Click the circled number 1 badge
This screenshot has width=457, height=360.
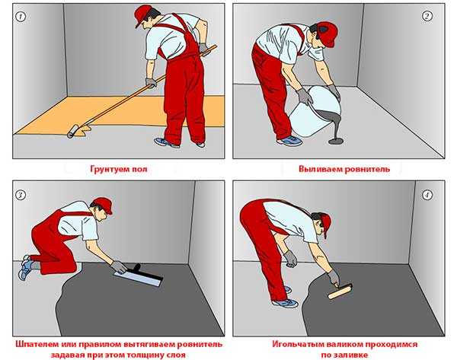pyautogui.click(x=21, y=17)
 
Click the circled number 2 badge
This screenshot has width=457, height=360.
pyautogui.click(x=427, y=16)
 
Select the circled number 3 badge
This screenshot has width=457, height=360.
pyautogui.click(x=20, y=195)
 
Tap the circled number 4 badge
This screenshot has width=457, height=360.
pyautogui.click(x=427, y=195)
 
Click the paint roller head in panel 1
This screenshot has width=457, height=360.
pyautogui.click(x=73, y=132)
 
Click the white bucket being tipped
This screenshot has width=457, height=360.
pyautogui.click(x=315, y=113)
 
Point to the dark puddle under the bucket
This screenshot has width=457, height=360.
pyautogui.click(x=336, y=142)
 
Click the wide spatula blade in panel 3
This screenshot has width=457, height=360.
pyautogui.click(x=138, y=279)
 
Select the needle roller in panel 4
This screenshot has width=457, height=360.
pyautogui.click(x=340, y=292)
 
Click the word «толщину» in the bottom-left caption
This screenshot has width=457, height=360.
pyautogui.click(x=145, y=355)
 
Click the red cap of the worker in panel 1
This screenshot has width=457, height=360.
pyautogui.click(x=142, y=14)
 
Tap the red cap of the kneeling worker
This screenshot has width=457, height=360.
pyautogui.click(x=104, y=204)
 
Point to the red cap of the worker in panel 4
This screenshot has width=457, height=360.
pyautogui.click(x=327, y=225)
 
